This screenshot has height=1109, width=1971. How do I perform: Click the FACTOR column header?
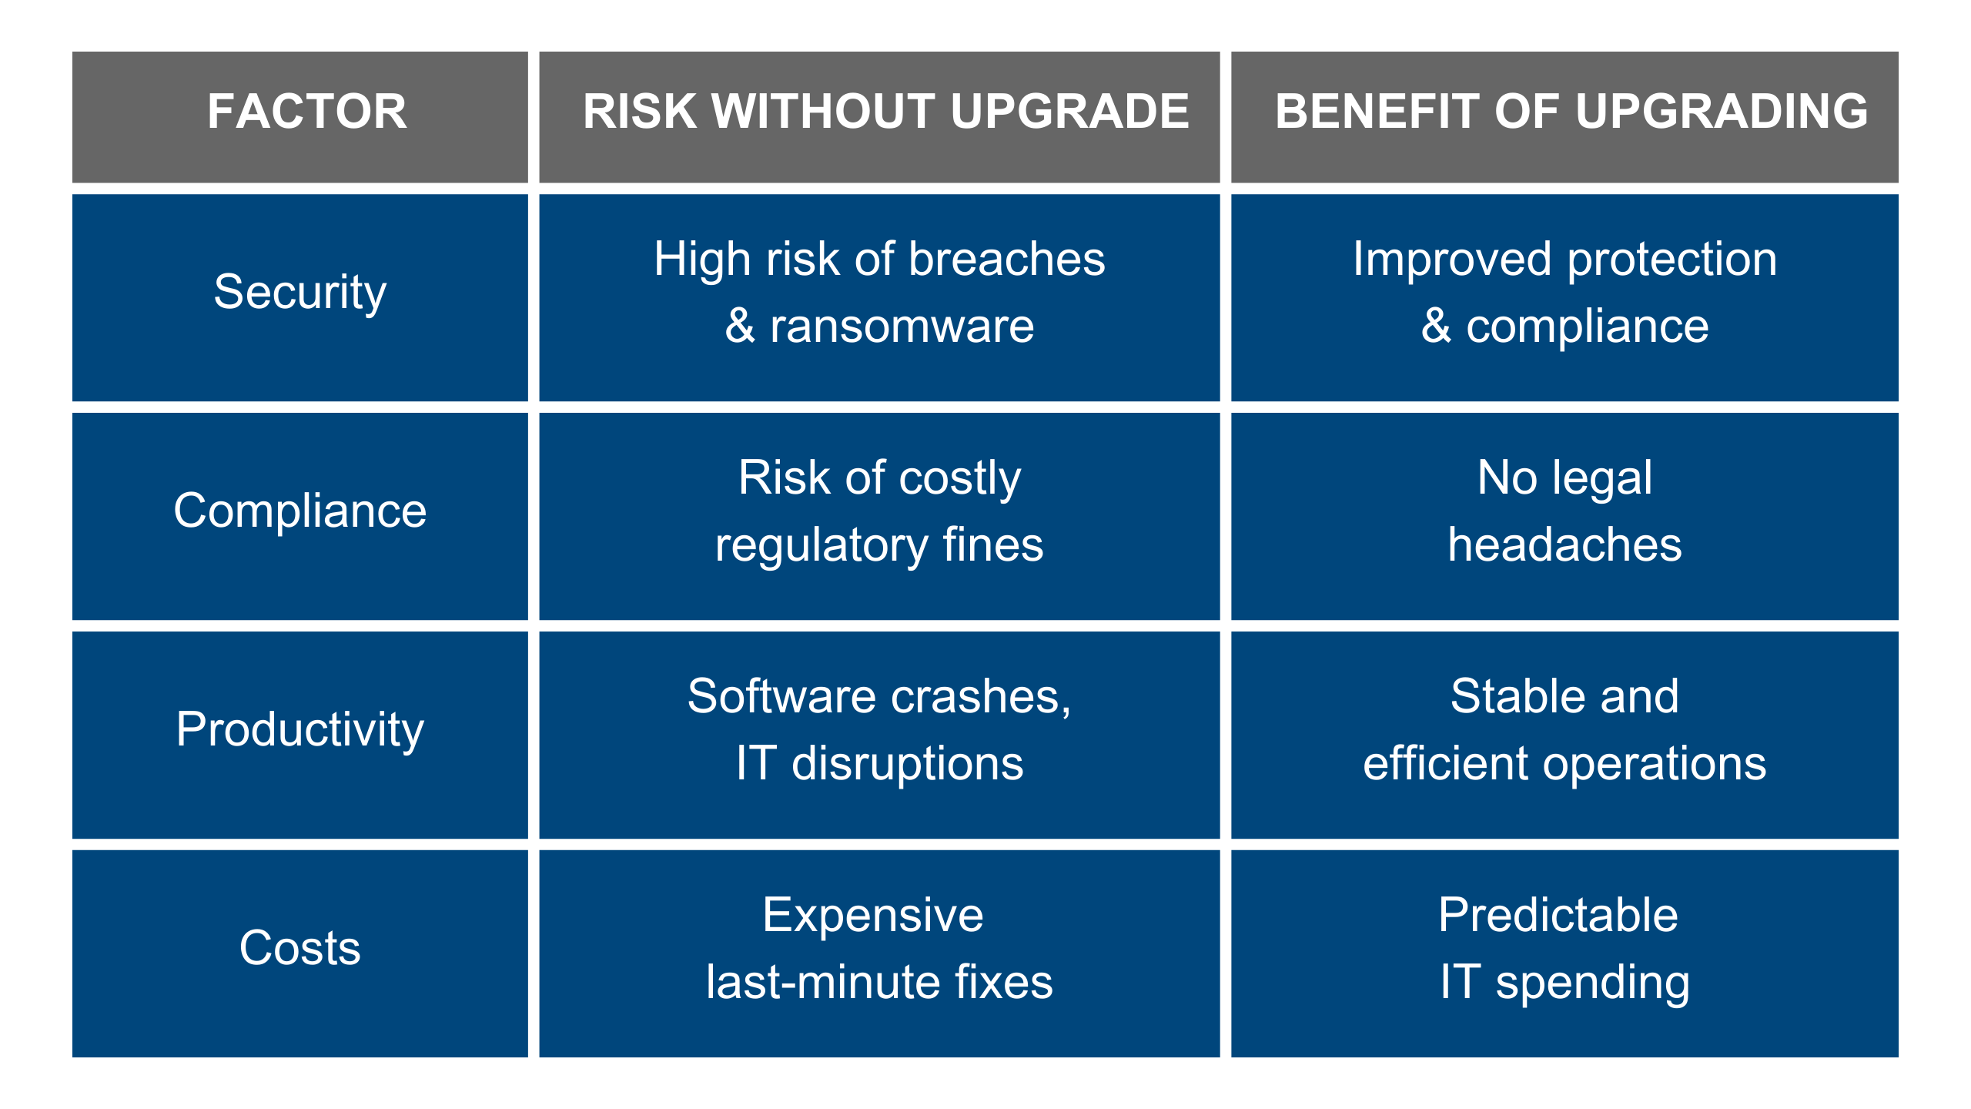(306, 111)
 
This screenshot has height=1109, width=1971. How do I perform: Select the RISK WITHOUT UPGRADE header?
(885, 111)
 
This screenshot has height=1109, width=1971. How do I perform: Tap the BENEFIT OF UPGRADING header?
(1571, 111)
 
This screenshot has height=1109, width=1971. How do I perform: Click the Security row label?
(300, 293)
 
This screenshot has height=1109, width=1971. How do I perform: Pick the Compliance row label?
(300, 511)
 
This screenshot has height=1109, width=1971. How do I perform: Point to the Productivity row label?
(300, 729)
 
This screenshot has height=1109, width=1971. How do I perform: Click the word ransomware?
(902, 327)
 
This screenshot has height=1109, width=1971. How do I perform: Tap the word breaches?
(1006, 259)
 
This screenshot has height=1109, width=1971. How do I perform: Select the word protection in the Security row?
(1672, 260)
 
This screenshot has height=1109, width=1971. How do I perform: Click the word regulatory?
(822, 546)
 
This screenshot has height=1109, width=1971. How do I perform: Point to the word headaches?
(1564, 544)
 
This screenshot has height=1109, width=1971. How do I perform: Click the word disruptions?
(908, 763)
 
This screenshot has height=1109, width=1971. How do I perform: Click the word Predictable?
(1558, 915)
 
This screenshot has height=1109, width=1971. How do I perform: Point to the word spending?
(1592, 983)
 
